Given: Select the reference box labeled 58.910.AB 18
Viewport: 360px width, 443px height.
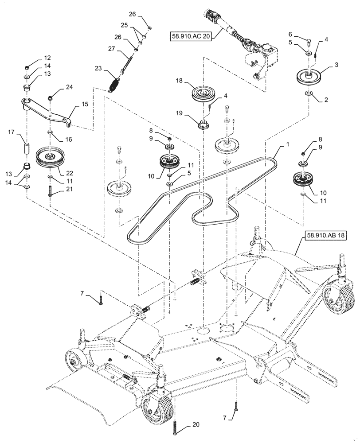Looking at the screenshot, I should pyautogui.click(x=325, y=237).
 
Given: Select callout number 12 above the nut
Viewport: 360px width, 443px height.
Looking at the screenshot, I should pyautogui.click(x=47, y=58).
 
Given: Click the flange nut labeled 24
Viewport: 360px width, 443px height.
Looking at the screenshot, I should pyautogui.click(x=50, y=96).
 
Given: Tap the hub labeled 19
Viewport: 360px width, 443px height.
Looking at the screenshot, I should pyautogui.click(x=203, y=125).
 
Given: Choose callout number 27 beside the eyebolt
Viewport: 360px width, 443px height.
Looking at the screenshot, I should pyautogui.click(x=111, y=49).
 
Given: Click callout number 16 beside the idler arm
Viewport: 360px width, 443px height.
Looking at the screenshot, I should pyautogui.click(x=69, y=139).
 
